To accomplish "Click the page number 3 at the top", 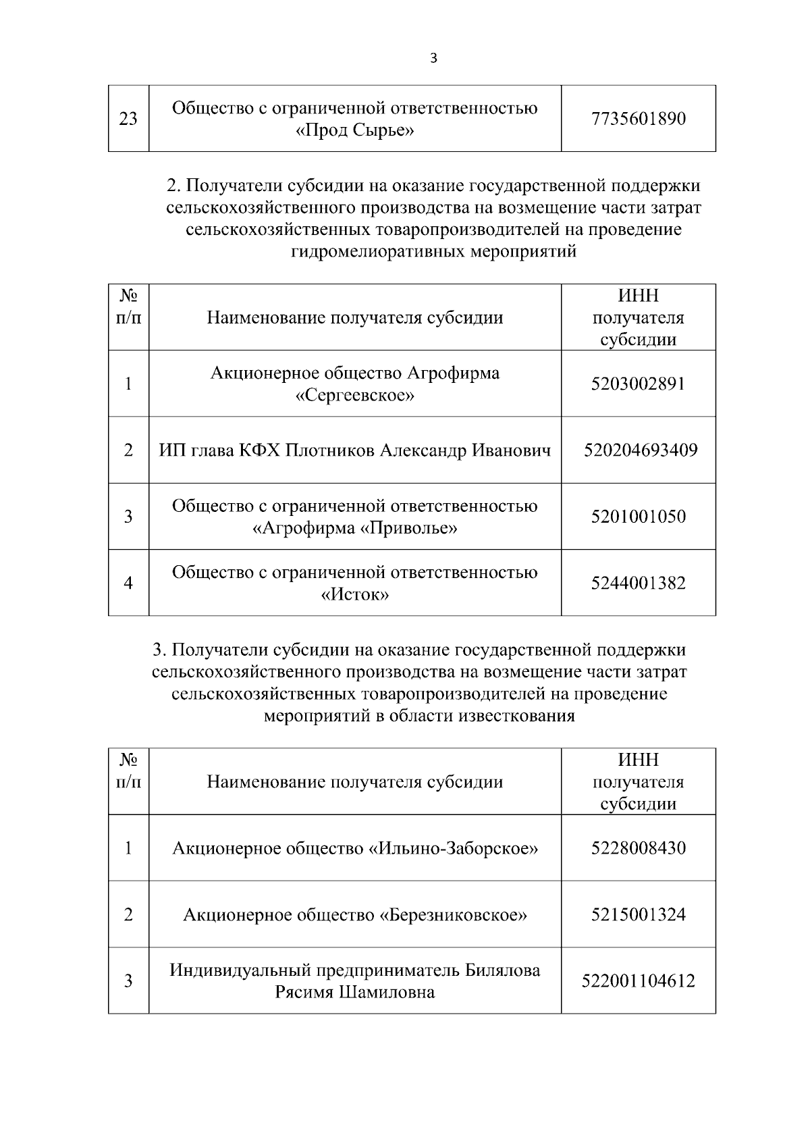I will click(433, 58).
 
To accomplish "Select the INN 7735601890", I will click(638, 119).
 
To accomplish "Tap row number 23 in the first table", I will click(128, 119).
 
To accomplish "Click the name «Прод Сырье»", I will click(355, 130).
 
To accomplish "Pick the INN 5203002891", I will click(638, 384).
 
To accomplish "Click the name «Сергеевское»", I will click(355, 395).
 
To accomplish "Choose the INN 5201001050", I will click(638, 517).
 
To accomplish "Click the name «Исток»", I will click(355, 595).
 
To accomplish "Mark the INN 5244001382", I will click(638, 583).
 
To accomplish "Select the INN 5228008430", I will click(638, 848).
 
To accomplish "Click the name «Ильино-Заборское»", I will click(453, 848).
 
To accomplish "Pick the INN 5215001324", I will click(638, 914).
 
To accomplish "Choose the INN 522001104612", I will click(638, 981).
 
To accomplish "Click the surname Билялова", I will click(503, 970).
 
